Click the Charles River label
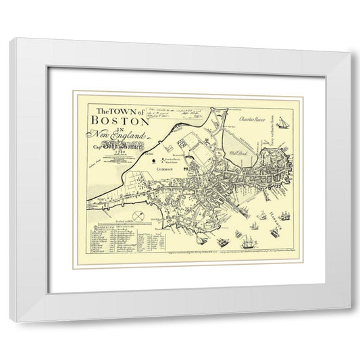(x=251, y=117)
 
